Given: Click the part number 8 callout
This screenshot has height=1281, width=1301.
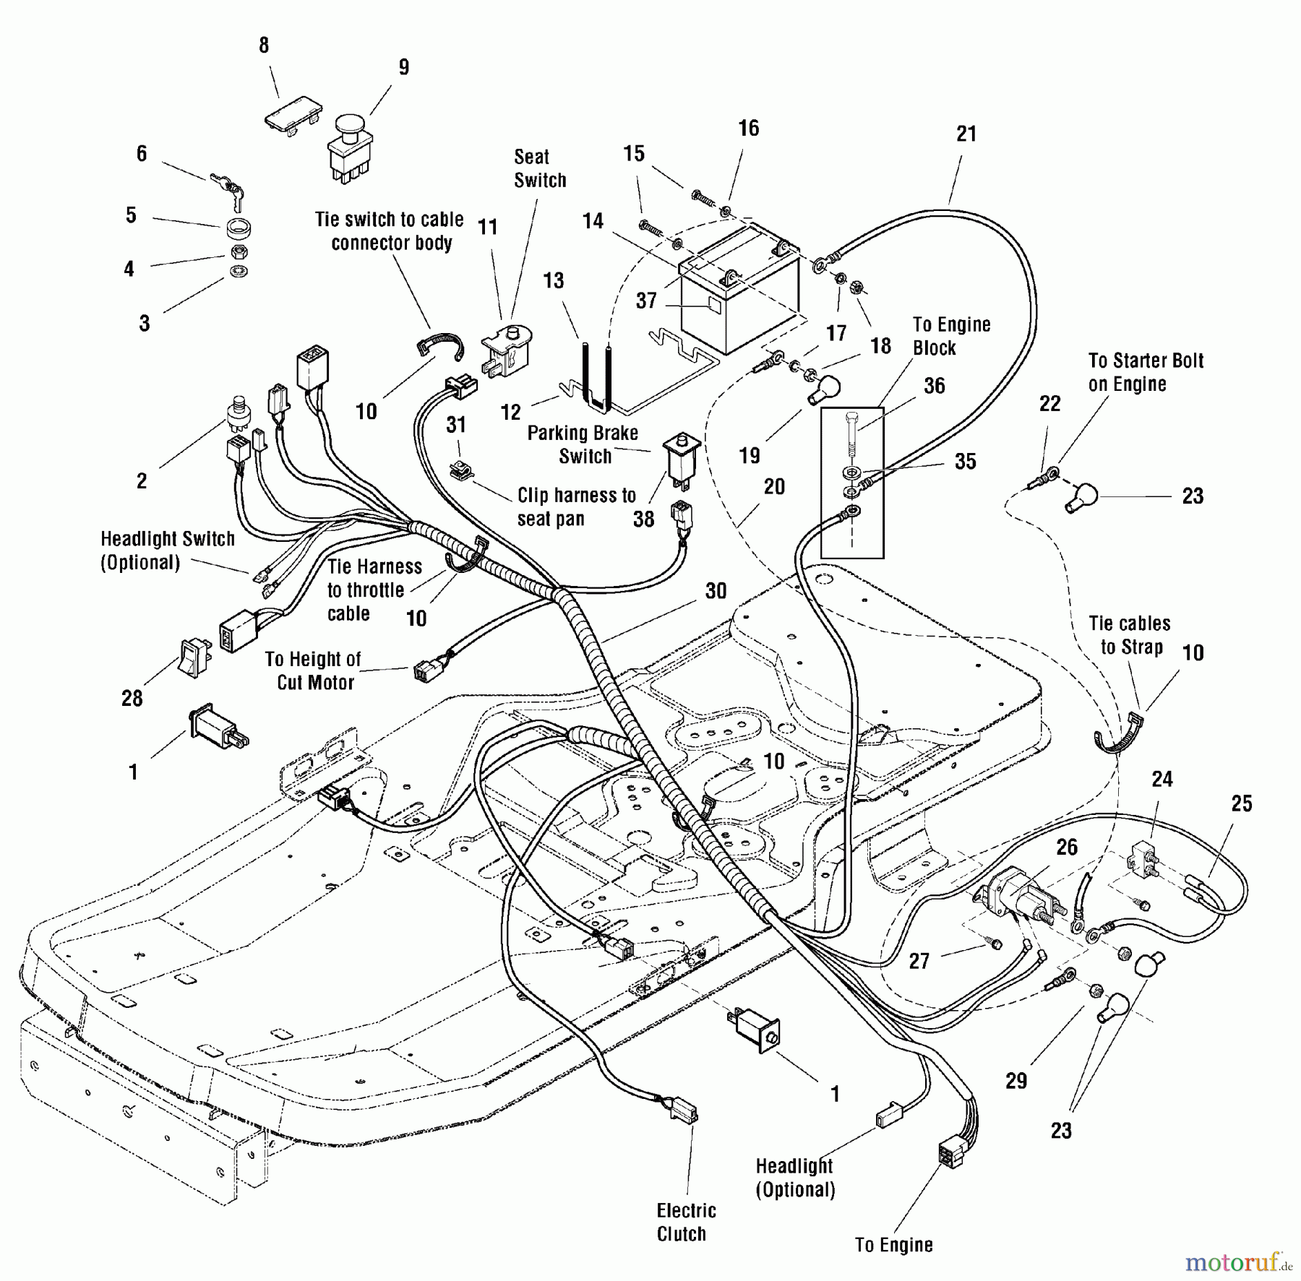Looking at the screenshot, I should pyautogui.click(x=264, y=46).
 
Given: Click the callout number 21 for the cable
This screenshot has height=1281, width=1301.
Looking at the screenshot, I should pyautogui.click(x=966, y=134).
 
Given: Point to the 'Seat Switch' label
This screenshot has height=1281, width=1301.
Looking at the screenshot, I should pyautogui.click(x=539, y=168).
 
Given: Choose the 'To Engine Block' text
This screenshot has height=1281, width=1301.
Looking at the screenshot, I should pyautogui.click(x=950, y=336).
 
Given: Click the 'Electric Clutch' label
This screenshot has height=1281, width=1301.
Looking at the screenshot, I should pyautogui.click(x=686, y=1222).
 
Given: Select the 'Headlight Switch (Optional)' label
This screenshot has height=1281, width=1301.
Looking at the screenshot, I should pyautogui.click(x=167, y=551).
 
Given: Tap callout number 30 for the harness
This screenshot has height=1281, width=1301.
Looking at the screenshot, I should pyautogui.click(x=716, y=591).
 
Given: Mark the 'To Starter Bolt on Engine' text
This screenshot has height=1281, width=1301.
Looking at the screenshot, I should pyautogui.click(x=1145, y=372).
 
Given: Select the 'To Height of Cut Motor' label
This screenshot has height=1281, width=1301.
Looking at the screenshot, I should pyautogui.click(x=312, y=670).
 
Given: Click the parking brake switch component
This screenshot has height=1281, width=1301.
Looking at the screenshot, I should pyautogui.click(x=683, y=457).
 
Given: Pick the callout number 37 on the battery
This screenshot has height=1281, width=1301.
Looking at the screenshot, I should pyautogui.click(x=645, y=301).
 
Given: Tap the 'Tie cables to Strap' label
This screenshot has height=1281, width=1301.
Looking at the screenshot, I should pyautogui.click(x=1130, y=635).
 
